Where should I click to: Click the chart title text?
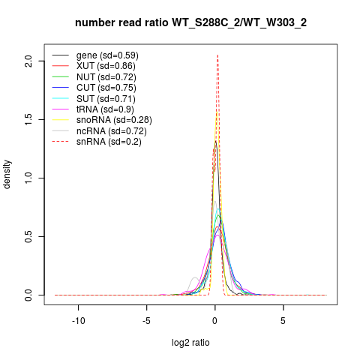tap(190, 22)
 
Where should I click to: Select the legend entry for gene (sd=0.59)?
tap(107, 55)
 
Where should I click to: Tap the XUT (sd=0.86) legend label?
tap(106, 66)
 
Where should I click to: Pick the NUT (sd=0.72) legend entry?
tap(106, 77)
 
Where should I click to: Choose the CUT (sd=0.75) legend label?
tap(106, 88)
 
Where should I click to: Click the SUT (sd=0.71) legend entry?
tap(106, 99)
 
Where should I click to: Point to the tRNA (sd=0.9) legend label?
tap(105, 109)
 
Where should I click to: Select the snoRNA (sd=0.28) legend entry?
tap(114, 120)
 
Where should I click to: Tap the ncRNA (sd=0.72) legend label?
tap(112, 131)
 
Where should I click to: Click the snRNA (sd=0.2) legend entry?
tap(109, 142)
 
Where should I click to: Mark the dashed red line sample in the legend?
tap(60, 142)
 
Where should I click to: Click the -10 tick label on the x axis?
tap(79, 321)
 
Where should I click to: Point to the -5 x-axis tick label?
tap(146, 321)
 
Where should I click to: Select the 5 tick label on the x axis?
tap(283, 321)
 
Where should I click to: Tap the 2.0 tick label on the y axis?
tap(28, 61)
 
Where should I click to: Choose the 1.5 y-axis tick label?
tap(28, 119)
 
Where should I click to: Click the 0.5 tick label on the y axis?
tap(28, 236)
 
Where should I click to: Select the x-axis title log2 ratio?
tap(190, 343)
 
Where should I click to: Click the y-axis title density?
tap(7, 175)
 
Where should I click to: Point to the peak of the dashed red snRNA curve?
tap(217, 55)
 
